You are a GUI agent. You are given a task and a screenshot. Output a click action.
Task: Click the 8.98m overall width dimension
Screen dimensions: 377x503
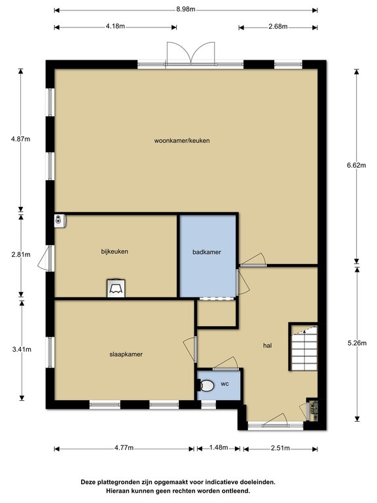click(x=186, y=9)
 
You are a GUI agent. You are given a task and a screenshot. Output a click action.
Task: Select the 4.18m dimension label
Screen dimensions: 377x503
click(x=115, y=26)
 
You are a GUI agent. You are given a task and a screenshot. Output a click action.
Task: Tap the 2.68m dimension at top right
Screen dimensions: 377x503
click(x=278, y=26)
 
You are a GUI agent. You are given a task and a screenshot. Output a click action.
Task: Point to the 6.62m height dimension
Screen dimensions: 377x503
click(x=357, y=165)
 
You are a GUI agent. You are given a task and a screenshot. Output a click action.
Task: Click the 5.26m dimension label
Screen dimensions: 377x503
click(x=357, y=343)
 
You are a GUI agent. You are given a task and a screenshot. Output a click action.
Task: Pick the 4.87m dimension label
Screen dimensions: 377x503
click(x=20, y=139)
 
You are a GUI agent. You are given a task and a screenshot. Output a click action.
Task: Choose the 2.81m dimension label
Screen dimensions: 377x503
click(x=21, y=254)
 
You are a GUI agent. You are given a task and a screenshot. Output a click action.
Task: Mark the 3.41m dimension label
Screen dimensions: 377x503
click(x=22, y=349)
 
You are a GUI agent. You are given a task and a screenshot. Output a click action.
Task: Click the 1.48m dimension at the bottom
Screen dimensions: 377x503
click(x=219, y=447)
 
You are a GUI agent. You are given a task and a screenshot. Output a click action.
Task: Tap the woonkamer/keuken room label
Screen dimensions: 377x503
click(x=182, y=141)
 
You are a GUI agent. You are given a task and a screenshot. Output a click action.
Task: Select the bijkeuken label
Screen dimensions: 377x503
click(x=115, y=251)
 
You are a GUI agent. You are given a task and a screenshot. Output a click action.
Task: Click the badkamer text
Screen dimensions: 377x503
click(x=207, y=252)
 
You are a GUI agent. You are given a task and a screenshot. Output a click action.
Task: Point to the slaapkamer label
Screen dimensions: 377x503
click(x=126, y=354)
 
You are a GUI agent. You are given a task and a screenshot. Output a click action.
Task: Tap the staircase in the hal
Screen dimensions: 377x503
click(x=304, y=348)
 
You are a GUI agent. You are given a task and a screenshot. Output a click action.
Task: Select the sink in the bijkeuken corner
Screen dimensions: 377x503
click(x=60, y=221)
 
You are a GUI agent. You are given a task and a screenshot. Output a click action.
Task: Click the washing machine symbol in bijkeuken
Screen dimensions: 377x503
click(x=116, y=288)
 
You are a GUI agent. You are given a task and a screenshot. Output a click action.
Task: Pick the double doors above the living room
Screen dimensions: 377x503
click(x=190, y=54)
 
